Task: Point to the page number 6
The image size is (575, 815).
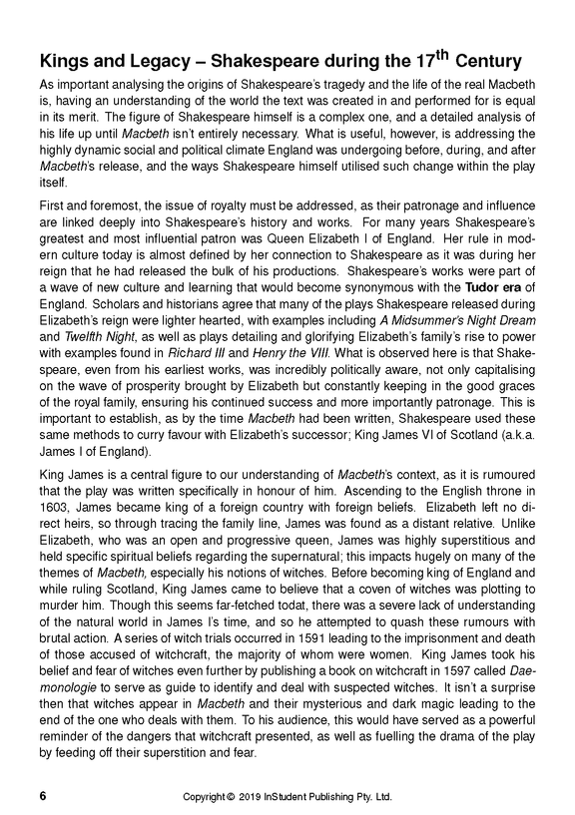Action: tap(42, 797)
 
